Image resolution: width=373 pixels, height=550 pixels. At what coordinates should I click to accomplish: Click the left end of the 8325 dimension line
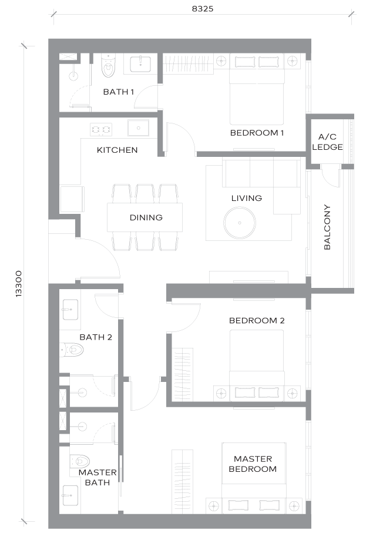(53, 14)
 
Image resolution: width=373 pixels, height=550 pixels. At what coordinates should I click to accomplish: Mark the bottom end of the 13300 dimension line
(24, 521)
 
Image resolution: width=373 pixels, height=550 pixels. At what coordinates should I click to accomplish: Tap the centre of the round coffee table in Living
(240, 223)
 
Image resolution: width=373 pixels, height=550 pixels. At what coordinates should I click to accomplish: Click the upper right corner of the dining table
(182, 203)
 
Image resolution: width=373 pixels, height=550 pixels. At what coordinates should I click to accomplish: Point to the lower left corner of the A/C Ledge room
(312, 164)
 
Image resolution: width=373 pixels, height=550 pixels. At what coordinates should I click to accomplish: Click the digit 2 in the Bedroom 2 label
(282, 320)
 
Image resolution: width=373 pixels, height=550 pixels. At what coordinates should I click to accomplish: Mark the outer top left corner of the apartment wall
(48, 39)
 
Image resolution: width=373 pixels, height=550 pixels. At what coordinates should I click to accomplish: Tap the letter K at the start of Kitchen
(99, 150)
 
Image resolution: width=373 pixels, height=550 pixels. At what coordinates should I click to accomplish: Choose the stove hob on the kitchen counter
(101, 129)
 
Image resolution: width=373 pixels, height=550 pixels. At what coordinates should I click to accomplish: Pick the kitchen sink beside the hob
(138, 128)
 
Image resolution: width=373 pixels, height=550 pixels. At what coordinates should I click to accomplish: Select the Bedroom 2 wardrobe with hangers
(183, 374)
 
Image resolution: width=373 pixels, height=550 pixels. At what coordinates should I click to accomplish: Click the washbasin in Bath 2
(70, 309)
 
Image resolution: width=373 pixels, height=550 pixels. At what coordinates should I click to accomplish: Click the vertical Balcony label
(327, 227)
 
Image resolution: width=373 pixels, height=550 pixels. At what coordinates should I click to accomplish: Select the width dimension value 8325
(203, 9)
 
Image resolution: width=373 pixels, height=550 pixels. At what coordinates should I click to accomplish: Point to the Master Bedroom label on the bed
(253, 464)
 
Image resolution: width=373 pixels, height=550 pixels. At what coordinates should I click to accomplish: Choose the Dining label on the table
(146, 217)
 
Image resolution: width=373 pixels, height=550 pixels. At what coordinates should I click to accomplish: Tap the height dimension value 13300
(19, 284)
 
